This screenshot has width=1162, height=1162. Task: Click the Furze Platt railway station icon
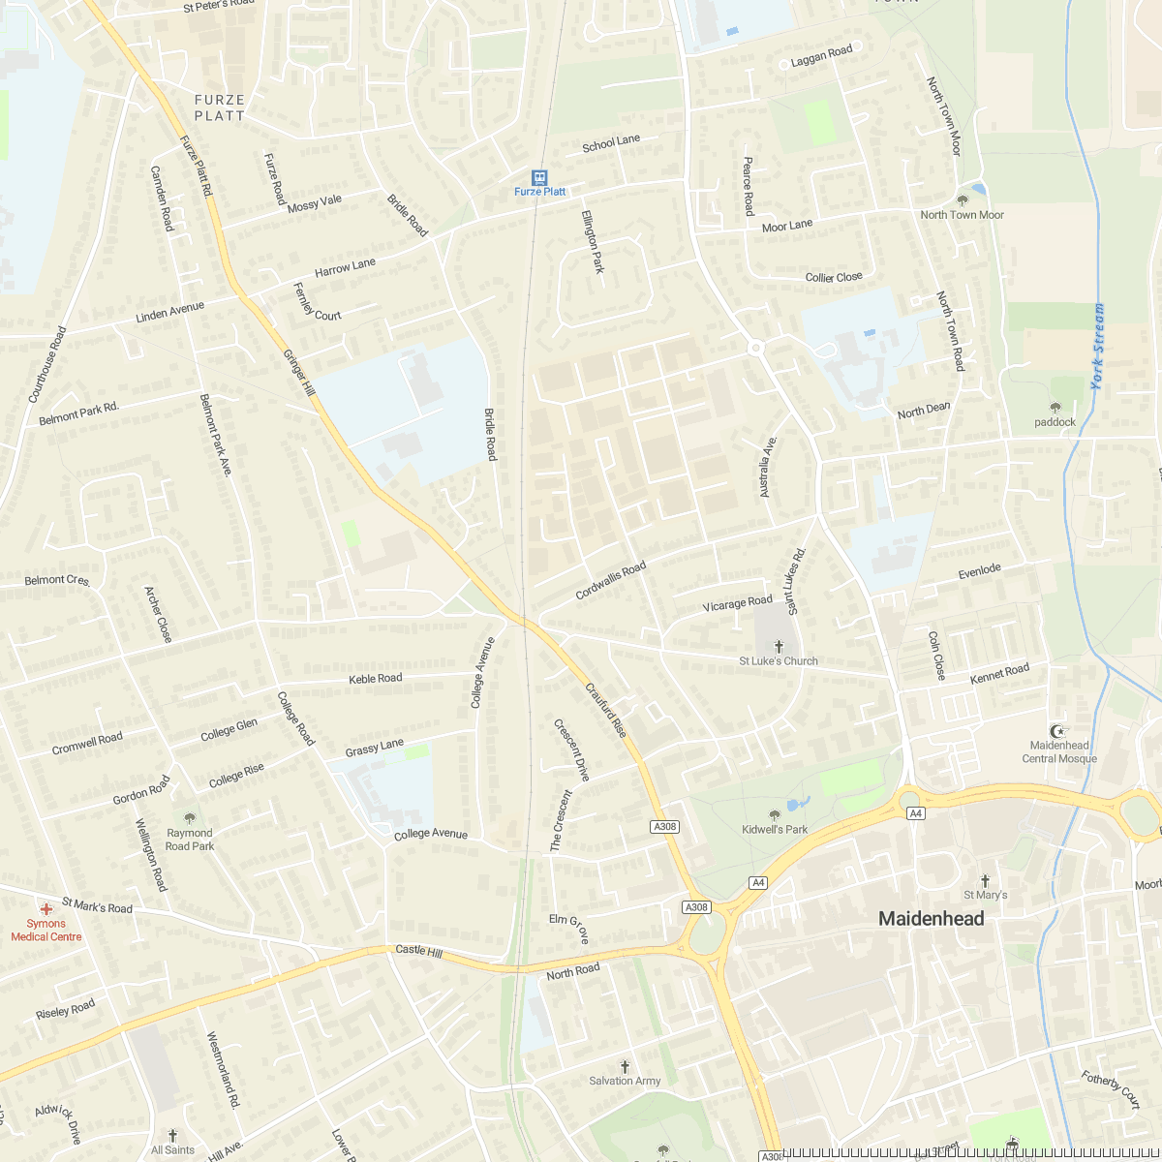(x=539, y=178)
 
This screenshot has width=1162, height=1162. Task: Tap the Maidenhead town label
(x=931, y=919)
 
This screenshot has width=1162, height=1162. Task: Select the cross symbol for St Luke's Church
(x=779, y=646)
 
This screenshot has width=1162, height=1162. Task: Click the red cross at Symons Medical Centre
(x=46, y=909)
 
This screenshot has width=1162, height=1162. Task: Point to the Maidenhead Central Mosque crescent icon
(x=1059, y=730)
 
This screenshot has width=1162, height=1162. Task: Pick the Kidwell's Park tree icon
(x=774, y=815)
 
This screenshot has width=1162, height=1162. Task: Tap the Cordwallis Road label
(x=610, y=581)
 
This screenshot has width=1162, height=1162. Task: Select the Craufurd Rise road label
(x=606, y=710)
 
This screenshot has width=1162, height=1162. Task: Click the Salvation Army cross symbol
(x=625, y=1066)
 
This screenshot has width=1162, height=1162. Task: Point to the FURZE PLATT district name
(x=220, y=107)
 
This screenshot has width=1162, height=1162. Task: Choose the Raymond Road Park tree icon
(x=189, y=818)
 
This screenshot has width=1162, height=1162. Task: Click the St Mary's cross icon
(x=986, y=880)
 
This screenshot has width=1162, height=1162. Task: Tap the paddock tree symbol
(x=1055, y=408)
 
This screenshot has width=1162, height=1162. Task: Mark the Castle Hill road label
(x=418, y=951)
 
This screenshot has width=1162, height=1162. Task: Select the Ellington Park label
(x=593, y=241)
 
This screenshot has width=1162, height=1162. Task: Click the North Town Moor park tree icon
(x=962, y=200)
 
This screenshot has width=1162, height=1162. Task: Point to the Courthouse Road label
(x=47, y=364)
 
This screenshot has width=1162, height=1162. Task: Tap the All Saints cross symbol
(x=172, y=1135)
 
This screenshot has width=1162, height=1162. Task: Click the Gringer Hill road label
(x=299, y=373)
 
